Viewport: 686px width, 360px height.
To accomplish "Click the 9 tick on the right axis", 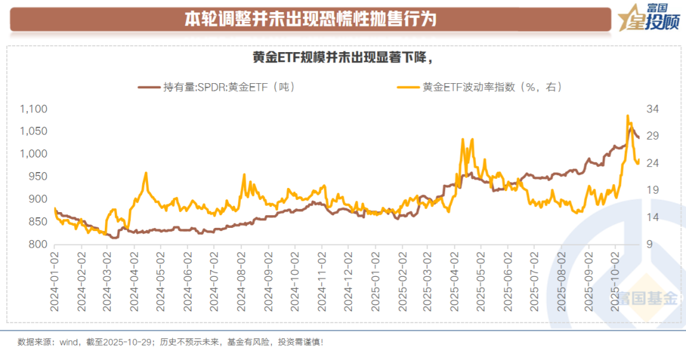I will (650, 244).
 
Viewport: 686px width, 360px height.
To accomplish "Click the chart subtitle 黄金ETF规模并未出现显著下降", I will (342, 58).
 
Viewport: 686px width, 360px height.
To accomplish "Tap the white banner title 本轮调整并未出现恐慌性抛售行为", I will (311, 18).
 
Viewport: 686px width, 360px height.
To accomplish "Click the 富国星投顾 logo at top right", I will (649, 17).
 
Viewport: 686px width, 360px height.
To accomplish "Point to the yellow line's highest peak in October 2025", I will (628, 116).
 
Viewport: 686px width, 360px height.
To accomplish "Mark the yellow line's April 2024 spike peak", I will (146, 173).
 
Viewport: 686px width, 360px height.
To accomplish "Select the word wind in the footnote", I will (69, 342).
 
